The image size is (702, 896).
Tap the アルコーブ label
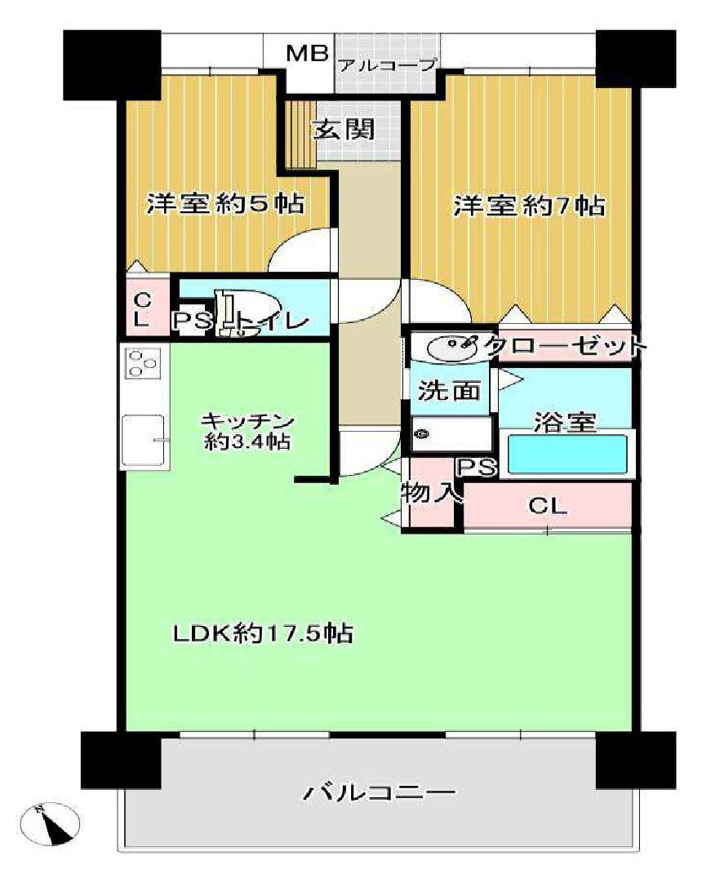389,65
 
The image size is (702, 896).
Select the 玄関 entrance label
344,129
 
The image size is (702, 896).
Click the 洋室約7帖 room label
530,206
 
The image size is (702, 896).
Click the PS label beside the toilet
193,322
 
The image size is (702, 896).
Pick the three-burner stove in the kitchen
144,363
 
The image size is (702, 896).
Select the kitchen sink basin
142,440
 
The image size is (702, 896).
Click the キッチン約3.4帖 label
247,432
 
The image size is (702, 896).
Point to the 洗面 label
449,391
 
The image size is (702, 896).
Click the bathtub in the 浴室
567,454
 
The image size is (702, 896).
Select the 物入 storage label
430,493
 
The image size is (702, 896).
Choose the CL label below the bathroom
548,506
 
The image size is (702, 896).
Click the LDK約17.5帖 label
263,633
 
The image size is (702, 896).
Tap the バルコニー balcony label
379,793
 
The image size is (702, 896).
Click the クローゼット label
566,346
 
